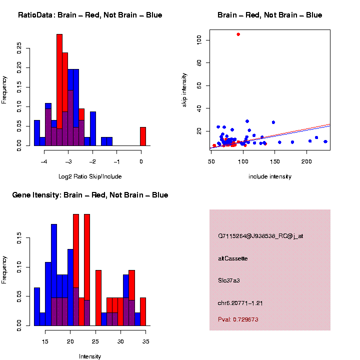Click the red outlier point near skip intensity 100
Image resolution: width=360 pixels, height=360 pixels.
click(238, 34)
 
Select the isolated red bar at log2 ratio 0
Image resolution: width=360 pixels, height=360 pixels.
click(143, 136)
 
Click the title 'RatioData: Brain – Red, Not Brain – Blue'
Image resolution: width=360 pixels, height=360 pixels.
click(90, 15)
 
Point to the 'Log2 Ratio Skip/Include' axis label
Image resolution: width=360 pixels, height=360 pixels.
click(90, 176)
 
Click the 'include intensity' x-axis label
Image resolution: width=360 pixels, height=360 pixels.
click(270, 176)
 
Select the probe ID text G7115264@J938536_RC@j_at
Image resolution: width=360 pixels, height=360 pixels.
click(260, 236)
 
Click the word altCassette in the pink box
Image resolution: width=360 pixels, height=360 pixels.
click(232, 258)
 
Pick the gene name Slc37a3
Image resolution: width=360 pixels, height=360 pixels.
click(229, 280)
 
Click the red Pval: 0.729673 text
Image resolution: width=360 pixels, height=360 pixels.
click(238, 319)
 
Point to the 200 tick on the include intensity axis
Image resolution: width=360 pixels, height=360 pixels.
click(306, 161)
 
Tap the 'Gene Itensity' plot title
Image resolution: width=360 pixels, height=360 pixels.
click(90, 195)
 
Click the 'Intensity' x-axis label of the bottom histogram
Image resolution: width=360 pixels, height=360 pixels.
click(90, 356)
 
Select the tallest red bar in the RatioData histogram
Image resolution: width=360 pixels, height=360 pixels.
click(59, 90)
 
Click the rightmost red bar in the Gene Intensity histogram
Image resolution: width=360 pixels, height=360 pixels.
click(143, 311)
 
